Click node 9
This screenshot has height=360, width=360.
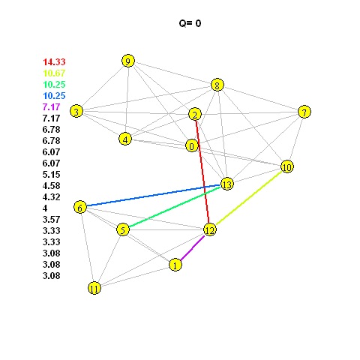coord(128,61)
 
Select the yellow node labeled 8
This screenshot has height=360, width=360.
coord(217,85)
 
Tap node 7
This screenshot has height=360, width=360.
coord(304,112)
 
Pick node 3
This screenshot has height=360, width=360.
coord(76,111)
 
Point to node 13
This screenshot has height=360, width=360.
coord(227,184)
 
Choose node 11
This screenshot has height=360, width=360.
coord(94,288)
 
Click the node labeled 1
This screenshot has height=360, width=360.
coord(175,265)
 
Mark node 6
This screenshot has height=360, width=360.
coord(80,207)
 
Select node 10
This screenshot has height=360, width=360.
coord(287,166)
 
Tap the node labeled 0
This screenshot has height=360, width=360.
coord(192,145)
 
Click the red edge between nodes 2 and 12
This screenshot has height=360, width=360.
coord(202,172)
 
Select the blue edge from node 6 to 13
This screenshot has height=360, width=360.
coord(153,196)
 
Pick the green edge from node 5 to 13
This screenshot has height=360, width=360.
coord(175,207)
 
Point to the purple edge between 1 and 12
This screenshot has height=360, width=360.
coord(193,248)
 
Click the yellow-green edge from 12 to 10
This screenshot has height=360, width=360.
coord(249,198)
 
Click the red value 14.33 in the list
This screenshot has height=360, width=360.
coord(54,61)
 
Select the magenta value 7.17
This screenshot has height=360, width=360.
coord(52,107)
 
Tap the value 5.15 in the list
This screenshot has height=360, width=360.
coord(52,175)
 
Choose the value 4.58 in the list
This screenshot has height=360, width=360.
coord(52,186)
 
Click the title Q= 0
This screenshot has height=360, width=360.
coord(190,23)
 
